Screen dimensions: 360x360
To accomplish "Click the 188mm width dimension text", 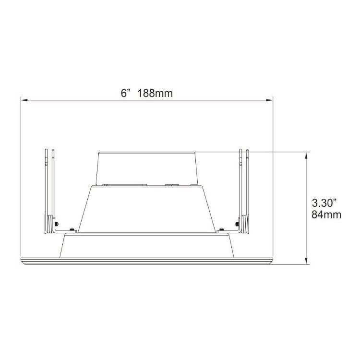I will (x=155, y=93).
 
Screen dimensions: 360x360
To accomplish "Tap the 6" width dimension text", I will (x=126, y=93).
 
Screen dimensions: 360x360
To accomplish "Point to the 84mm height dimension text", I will (x=326, y=215).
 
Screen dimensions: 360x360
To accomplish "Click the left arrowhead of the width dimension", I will (x=24, y=100).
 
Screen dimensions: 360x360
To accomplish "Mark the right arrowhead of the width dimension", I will (x=269, y=100).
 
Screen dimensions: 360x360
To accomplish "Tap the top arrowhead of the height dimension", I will (x=307, y=155).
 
